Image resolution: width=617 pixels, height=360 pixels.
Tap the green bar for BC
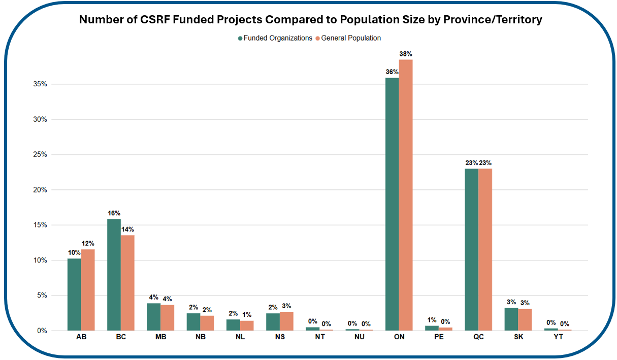click(114, 275)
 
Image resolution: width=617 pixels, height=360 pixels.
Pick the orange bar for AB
click(87, 290)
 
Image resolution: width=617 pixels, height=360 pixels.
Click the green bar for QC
click(471, 249)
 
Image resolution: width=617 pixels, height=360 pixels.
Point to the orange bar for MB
click(167, 318)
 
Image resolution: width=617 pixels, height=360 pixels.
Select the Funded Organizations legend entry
click(275, 38)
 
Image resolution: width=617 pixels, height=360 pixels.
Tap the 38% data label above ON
click(406, 53)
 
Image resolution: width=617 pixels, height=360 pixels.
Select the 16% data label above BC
click(114, 213)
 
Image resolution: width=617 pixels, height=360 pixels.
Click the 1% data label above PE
click(432, 320)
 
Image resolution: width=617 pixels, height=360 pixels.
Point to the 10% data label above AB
click(74, 253)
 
